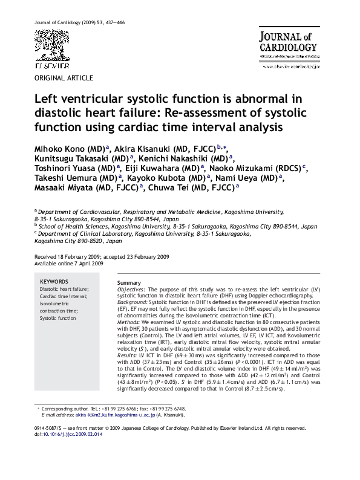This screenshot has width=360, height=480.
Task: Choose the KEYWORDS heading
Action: (54, 282)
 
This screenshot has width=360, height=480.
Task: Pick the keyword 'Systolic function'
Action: (60, 317)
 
